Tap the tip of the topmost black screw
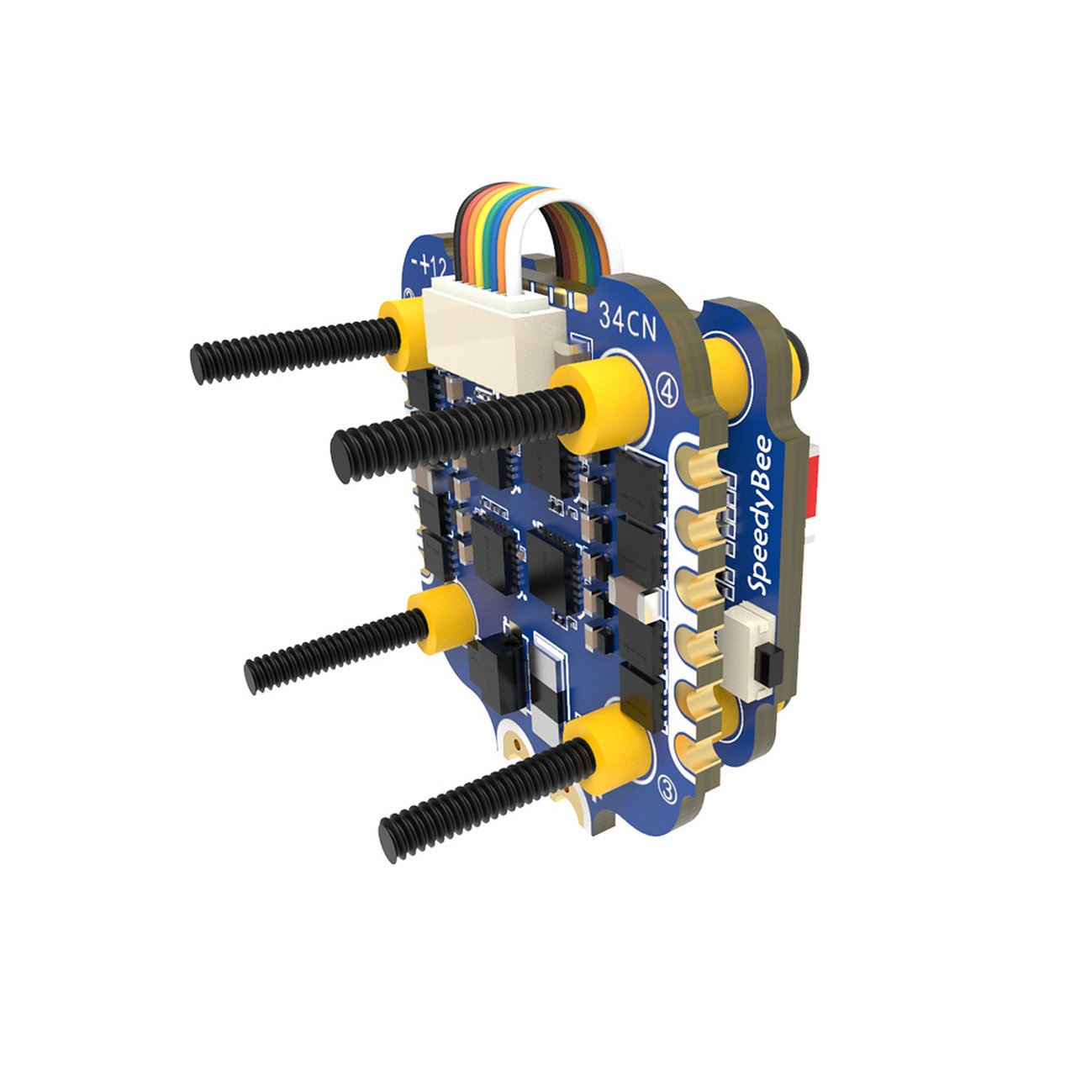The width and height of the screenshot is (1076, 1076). [x=199, y=362]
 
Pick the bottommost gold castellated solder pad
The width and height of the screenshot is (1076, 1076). [x=698, y=748]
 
